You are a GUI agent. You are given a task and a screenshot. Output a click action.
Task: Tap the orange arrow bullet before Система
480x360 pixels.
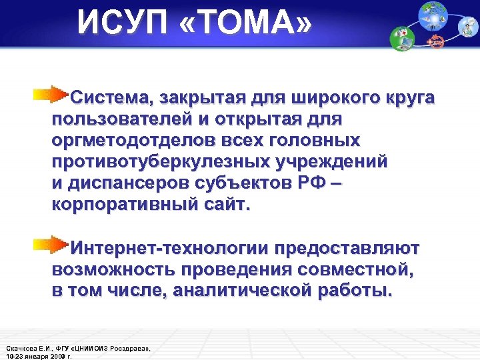tap(53, 94)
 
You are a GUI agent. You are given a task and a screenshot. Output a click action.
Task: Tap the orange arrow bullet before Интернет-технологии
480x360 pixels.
tap(53, 245)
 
